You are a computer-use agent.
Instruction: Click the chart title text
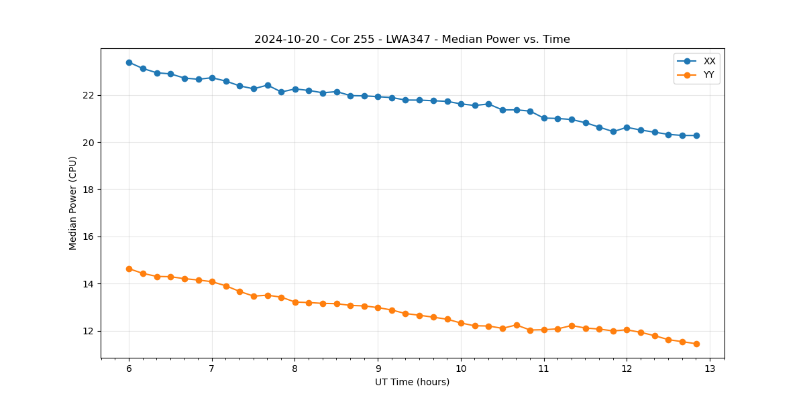click(412, 40)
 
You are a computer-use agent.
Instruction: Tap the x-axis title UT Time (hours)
click(412, 382)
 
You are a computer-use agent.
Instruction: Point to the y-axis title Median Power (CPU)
click(73, 203)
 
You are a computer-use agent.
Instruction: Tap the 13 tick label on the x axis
click(710, 368)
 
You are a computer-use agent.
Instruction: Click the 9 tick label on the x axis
click(378, 368)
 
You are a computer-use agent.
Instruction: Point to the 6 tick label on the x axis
click(129, 368)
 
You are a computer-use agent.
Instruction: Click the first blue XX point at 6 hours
click(129, 62)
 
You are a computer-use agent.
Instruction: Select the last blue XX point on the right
click(696, 135)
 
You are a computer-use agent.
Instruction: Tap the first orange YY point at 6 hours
click(129, 269)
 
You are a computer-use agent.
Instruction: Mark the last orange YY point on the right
click(696, 344)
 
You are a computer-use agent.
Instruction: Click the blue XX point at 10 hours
click(461, 104)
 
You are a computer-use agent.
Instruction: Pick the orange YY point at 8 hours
click(295, 302)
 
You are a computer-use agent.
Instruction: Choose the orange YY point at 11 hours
click(544, 330)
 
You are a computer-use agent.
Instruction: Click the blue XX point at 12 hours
click(627, 127)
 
